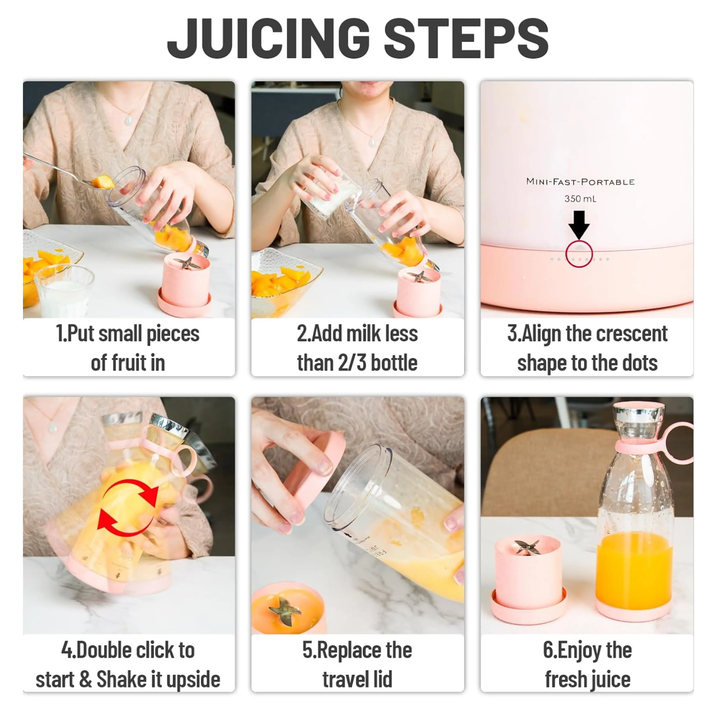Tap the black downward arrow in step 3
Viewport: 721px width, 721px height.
(579, 224)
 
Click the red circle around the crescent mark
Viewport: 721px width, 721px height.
(579, 254)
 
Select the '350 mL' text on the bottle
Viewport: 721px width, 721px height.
(580, 199)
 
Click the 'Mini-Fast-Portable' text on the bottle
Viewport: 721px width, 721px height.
(580, 182)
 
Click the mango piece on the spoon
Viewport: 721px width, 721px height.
(102, 182)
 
